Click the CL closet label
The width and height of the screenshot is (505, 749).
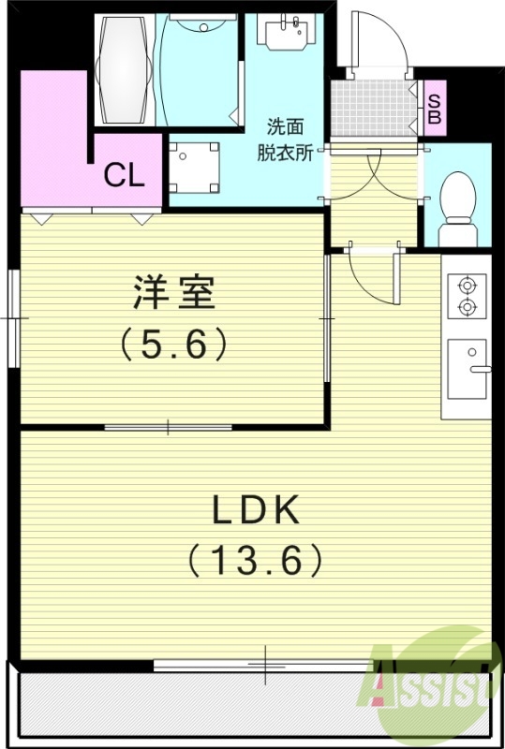[124, 175]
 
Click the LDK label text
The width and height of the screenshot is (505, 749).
[254, 510]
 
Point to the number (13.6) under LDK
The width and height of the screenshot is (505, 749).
[255, 561]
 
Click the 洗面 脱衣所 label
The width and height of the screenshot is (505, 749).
[285, 140]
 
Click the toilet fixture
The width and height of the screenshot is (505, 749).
[459, 198]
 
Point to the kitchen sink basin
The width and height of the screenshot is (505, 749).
[467, 368]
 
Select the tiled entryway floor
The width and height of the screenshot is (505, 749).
[373, 109]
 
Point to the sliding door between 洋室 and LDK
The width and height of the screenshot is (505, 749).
[169, 428]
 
